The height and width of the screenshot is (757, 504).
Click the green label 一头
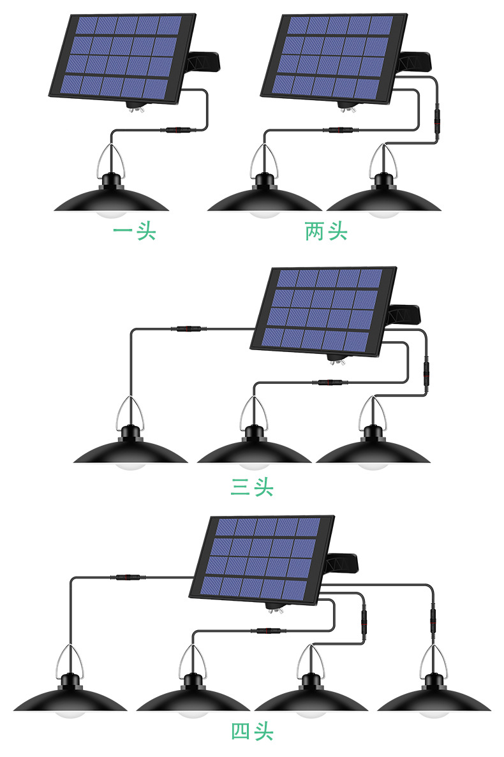[x=134, y=231]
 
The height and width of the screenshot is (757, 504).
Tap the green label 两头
[x=326, y=231]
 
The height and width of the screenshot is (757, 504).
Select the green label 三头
[x=251, y=487]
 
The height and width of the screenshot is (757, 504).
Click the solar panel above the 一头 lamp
[x=122, y=57]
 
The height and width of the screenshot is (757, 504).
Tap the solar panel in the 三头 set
[x=324, y=310]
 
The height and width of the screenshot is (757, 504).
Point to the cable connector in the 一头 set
[x=177, y=130]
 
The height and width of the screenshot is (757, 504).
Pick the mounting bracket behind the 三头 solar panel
[x=404, y=314]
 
